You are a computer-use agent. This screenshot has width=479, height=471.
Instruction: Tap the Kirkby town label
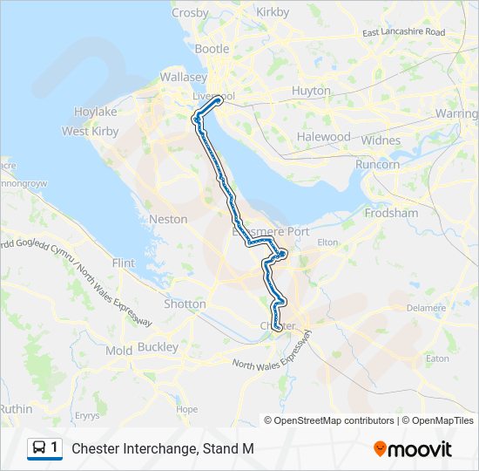pos(273,12)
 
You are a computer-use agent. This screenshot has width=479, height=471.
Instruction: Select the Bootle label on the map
pos(212,49)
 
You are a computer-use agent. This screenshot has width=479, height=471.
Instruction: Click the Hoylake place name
pos(96,113)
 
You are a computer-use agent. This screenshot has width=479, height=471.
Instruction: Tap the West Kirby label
pos(91,131)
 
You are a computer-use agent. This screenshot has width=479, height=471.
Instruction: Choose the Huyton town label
pos(311,91)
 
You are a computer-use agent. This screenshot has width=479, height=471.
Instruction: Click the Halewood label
pos(323,137)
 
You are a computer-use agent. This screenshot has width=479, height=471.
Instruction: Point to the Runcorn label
pos(377,164)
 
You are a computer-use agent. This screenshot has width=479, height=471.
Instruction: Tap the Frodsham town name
pos(393,213)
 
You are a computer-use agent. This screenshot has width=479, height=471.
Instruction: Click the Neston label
pos(168,219)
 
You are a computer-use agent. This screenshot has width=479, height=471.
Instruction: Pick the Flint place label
pos(125,263)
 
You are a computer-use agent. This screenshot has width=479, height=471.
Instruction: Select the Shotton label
pos(186,304)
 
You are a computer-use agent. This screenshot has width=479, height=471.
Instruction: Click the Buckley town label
pos(157,346)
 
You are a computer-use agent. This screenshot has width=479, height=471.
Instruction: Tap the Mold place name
pos(118,351)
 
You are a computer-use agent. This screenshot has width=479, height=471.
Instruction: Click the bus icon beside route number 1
pos(39,448)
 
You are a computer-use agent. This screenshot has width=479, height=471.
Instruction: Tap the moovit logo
pos(413,449)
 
